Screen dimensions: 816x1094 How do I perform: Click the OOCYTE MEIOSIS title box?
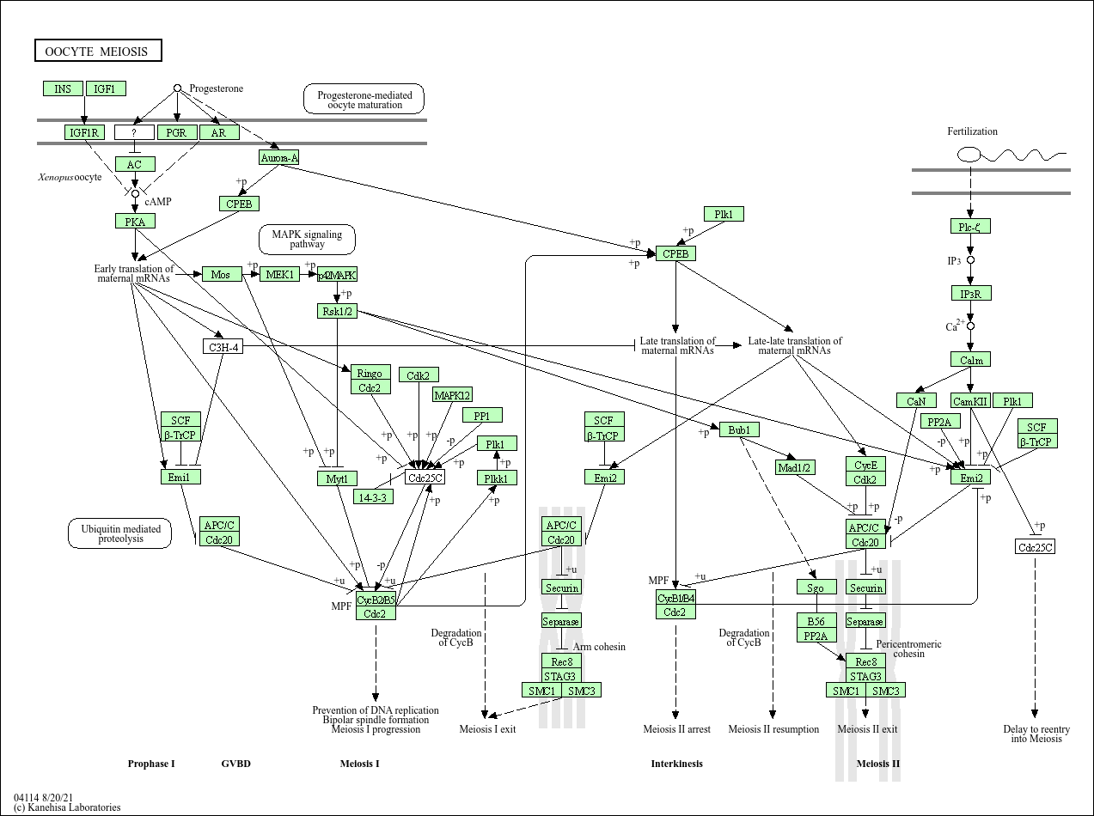pyautogui.click(x=98, y=52)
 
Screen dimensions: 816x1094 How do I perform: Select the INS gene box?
pyautogui.click(x=63, y=88)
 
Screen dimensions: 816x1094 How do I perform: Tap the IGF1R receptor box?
pyautogui.click(x=84, y=132)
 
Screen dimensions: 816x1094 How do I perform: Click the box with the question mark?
pyautogui.click(x=134, y=132)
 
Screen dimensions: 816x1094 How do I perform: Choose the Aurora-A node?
pyautogui.click(x=279, y=157)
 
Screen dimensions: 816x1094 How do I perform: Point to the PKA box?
pyautogui.click(x=135, y=221)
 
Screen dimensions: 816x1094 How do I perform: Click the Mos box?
pyautogui.click(x=221, y=274)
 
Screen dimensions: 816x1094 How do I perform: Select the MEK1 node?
pyautogui.click(x=279, y=274)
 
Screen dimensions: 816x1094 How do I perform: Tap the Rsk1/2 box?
pyautogui.click(x=337, y=311)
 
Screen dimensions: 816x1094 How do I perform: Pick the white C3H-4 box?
pyautogui.click(x=223, y=346)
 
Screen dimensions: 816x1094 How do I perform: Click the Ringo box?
pyautogui.click(x=370, y=374)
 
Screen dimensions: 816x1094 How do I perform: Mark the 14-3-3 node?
pyautogui.click(x=373, y=496)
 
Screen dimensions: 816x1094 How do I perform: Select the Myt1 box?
pyautogui.click(x=337, y=478)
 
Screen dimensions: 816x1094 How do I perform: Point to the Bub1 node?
pyautogui.click(x=739, y=429)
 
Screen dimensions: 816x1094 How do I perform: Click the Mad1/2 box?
pyautogui.click(x=795, y=467)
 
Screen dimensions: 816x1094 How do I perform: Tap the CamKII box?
pyautogui.click(x=971, y=400)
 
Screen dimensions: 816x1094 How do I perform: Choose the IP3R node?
pyautogui.click(x=971, y=294)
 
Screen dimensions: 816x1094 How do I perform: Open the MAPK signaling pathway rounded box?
pyautogui.click(x=307, y=239)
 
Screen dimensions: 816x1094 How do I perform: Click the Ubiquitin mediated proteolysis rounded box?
pyautogui.click(x=120, y=533)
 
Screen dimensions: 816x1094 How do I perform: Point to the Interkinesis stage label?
pyautogui.click(x=676, y=764)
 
